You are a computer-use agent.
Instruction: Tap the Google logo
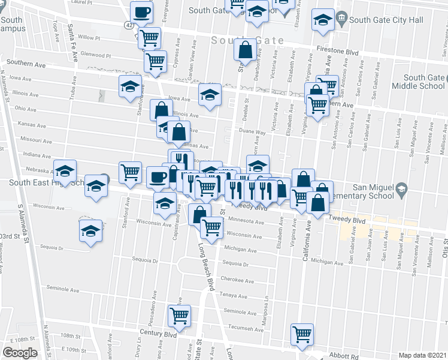(x=19, y=353)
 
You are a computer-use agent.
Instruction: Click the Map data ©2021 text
(x=422, y=355)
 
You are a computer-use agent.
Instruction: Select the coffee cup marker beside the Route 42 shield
(x=142, y=12)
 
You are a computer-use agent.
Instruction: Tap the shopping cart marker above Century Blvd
(x=180, y=315)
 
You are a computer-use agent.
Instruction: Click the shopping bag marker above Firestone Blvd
(x=246, y=50)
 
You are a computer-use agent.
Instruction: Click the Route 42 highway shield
(x=130, y=25)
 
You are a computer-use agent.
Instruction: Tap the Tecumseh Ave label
(x=247, y=328)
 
